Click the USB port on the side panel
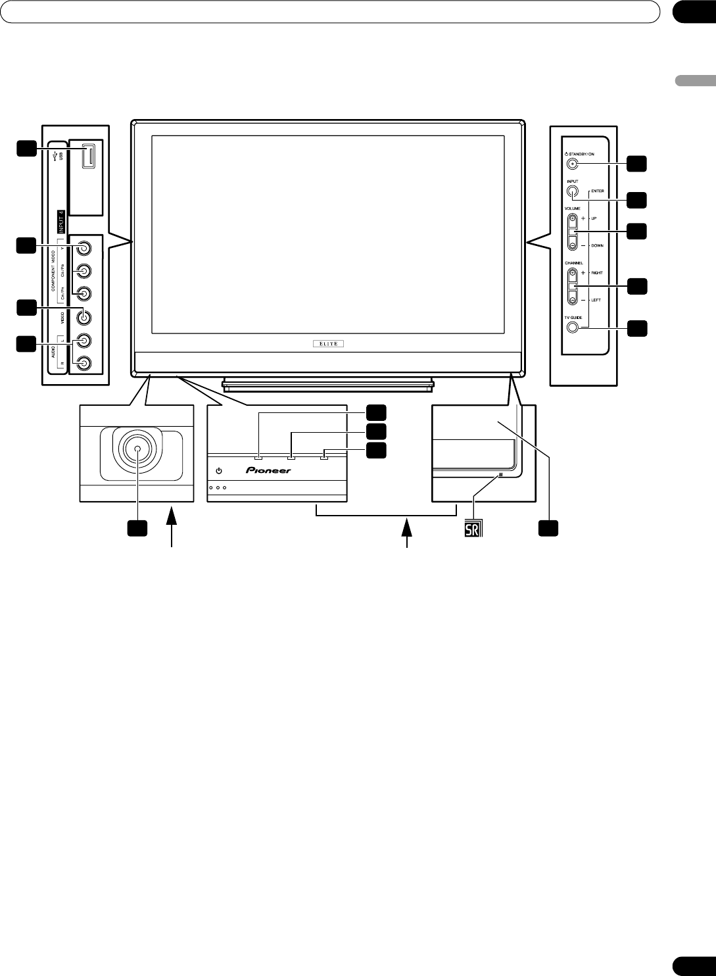coord(85,160)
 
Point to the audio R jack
coord(84,362)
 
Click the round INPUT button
coord(573,192)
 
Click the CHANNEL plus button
coord(573,274)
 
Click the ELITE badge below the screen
coord(327,343)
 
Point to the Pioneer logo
coord(268,471)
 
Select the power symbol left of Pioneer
coord(220,471)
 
